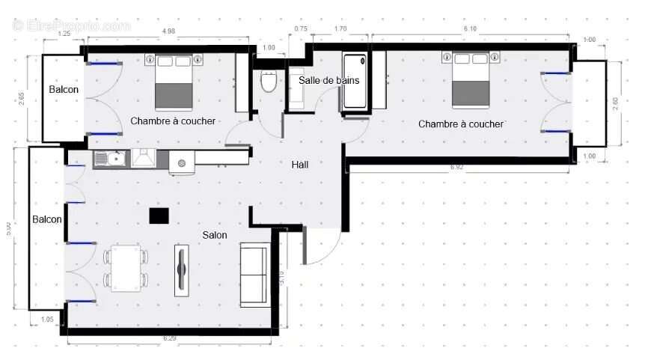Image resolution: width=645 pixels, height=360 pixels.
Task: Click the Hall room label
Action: (x=299, y=165)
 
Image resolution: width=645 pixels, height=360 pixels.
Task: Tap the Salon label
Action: (x=215, y=235)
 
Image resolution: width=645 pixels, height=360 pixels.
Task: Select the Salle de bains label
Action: (x=328, y=80)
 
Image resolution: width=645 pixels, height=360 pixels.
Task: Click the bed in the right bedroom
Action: (x=471, y=80)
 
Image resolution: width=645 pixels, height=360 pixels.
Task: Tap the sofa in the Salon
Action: (x=254, y=275)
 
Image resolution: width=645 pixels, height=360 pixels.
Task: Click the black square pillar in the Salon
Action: (x=159, y=216)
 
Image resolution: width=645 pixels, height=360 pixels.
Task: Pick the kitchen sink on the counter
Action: (x=114, y=159)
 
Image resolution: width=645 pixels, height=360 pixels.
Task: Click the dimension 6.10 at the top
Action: (x=470, y=28)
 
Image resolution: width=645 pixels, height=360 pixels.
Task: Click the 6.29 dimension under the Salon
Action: (x=171, y=339)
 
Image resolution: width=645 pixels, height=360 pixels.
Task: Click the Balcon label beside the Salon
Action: (x=46, y=219)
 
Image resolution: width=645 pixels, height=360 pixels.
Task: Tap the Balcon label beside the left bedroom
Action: (x=64, y=90)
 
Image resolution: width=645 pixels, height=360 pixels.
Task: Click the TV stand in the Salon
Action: (x=180, y=269)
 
